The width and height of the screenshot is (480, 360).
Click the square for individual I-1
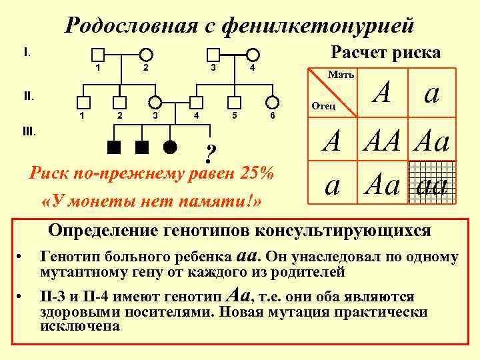[x=98, y=54]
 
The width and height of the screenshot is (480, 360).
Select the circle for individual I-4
[x=252, y=54]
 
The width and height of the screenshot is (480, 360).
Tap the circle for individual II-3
[x=155, y=101]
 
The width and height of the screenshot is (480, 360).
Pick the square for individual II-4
[x=196, y=101]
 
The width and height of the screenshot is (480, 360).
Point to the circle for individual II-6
[x=272, y=101]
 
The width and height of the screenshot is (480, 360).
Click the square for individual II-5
[x=234, y=101]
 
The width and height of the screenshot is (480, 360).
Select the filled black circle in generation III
[x=171, y=146]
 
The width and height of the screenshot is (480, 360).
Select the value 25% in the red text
[x=254, y=175]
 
